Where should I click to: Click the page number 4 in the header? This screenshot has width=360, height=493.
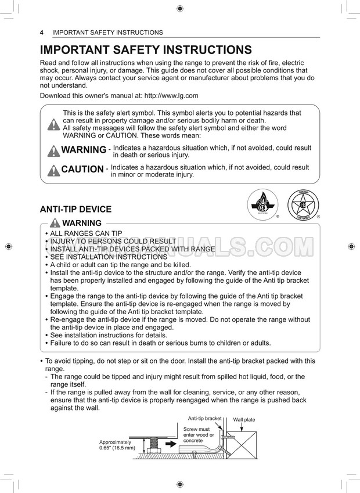(42, 33)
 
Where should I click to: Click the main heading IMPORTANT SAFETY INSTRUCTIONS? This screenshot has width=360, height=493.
(146, 50)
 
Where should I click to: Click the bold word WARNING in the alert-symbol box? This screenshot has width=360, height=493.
(84, 150)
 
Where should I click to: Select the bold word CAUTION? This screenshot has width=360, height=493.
(82, 170)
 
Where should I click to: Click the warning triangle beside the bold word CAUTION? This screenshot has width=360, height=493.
(53, 170)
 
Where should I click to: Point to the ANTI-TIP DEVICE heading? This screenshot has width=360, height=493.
(75, 209)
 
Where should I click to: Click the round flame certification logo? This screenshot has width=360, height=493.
(262, 206)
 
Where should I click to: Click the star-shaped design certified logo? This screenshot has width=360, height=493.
(303, 205)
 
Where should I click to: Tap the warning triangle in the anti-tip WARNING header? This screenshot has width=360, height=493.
(56, 224)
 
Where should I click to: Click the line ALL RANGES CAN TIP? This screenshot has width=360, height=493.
(86, 233)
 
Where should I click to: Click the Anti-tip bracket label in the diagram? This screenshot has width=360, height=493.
(204, 418)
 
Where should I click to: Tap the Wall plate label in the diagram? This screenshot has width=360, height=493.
(244, 419)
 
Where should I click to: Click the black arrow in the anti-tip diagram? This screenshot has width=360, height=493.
(173, 442)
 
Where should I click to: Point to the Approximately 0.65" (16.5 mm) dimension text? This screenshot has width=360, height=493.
(117, 445)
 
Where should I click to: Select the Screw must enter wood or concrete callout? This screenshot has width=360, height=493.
(199, 435)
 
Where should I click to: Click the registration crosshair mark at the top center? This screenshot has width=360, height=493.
(179, 8)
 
